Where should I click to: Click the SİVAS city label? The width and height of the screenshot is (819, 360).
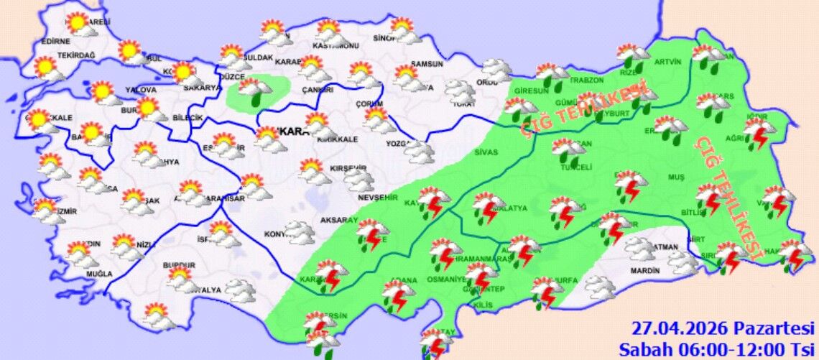click(x=486, y=152)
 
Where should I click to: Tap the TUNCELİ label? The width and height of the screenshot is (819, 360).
click(x=575, y=167)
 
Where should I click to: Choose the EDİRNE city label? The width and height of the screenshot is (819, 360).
click(x=56, y=42)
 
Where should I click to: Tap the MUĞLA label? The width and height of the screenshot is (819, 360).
click(x=99, y=274)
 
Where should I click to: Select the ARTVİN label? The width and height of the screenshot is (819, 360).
click(x=667, y=62)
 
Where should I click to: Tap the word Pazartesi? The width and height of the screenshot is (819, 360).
click(x=769, y=328)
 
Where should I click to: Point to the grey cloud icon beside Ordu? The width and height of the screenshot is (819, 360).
click(x=496, y=70)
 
